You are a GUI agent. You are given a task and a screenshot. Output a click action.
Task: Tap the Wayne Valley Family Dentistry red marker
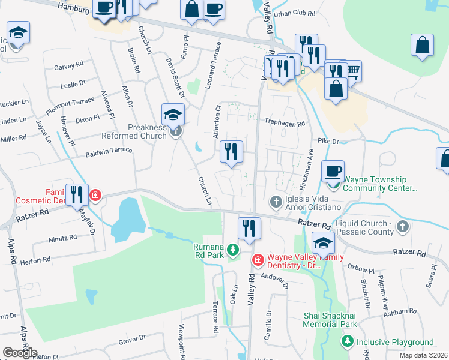(x=258, y=260)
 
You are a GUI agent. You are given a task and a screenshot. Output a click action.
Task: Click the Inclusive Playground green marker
(x=347, y=342)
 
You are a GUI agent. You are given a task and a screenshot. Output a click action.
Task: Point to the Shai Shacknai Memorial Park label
(x=322, y=319)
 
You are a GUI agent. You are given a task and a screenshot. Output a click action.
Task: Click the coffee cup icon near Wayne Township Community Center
(x=333, y=171)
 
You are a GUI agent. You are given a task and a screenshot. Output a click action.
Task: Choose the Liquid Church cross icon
(x=403, y=226)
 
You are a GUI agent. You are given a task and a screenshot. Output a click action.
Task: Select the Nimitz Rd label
(x=64, y=237)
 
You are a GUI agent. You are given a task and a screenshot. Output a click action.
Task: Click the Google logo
(x=20, y=353)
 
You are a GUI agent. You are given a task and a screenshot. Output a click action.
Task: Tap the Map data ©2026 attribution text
(x=424, y=355)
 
